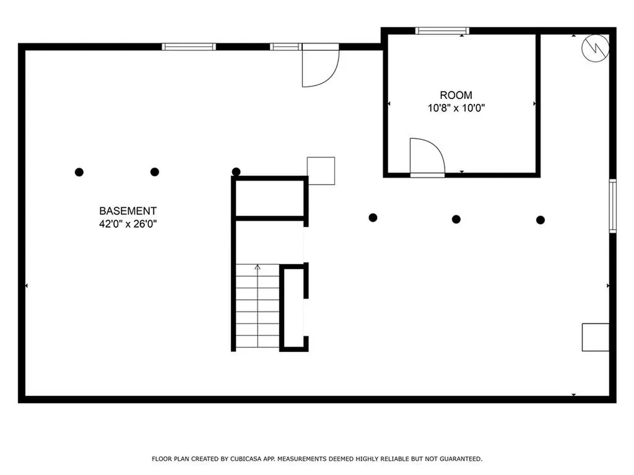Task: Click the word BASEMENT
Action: [128, 211]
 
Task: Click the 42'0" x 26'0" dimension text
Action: [128, 224]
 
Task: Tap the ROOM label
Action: [456, 95]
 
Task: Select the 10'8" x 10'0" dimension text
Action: [456, 108]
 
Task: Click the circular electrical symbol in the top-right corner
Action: [595, 48]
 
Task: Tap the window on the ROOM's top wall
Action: [442, 31]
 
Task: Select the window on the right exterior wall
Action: [613, 206]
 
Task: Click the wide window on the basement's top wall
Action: [189, 47]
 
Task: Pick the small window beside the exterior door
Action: [285, 47]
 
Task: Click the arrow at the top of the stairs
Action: [258, 267]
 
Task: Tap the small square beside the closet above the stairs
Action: [321, 171]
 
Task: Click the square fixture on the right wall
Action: [596, 337]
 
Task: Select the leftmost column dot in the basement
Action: [79, 172]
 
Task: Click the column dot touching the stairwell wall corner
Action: [236, 172]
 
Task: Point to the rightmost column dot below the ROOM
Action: [541, 220]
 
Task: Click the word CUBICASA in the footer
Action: [244, 459]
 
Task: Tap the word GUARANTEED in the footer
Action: [461, 459]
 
